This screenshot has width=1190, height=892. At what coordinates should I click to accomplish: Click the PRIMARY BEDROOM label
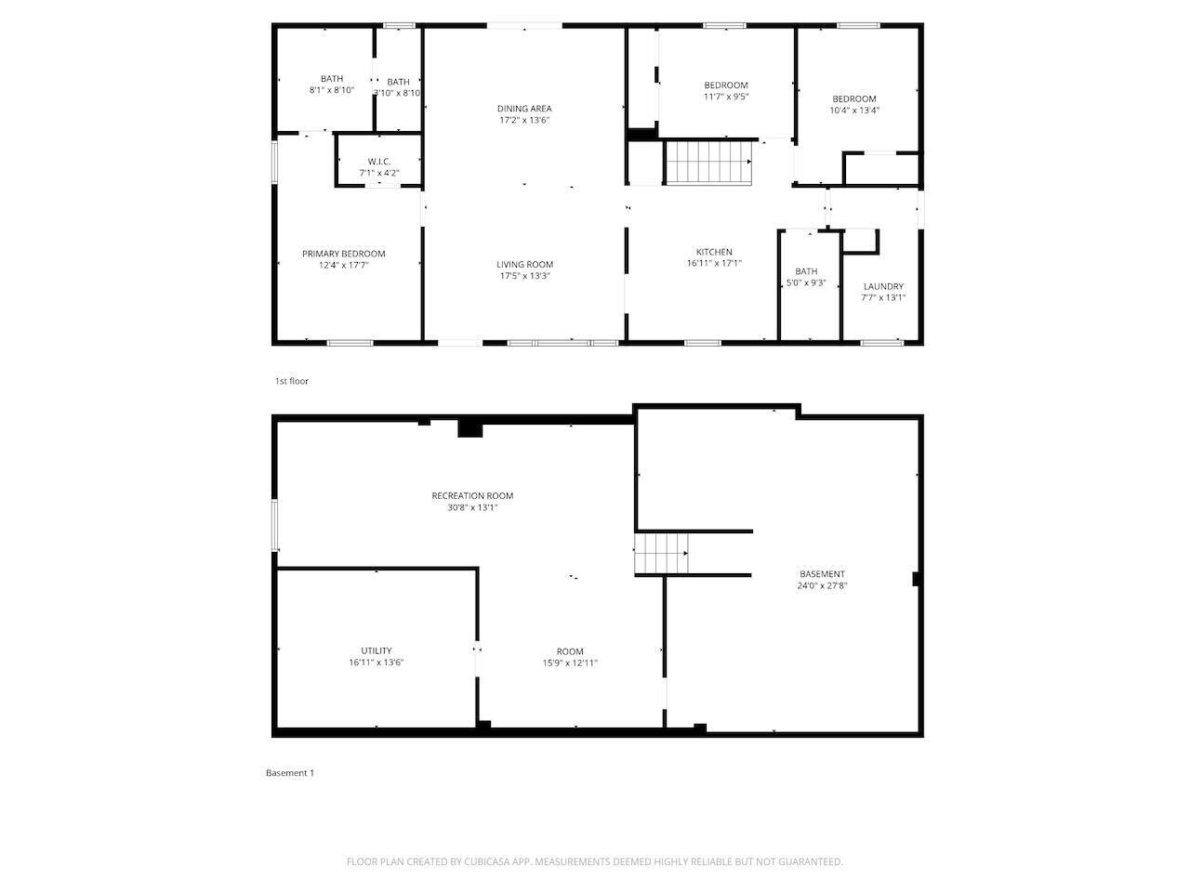click(x=343, y=254)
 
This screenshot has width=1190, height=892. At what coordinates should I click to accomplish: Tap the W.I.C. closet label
click(x=379, y=162)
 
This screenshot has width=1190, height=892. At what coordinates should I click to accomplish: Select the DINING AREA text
click(x=524, y=109)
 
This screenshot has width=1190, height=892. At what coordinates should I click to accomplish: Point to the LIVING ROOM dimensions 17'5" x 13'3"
click(x=524, y=276)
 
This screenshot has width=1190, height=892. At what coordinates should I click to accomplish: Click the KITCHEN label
click(x=714, y=252)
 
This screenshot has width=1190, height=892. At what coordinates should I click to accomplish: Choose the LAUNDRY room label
click(x=883, y=286)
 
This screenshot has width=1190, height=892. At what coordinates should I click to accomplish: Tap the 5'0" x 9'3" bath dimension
click(x=806, y=282)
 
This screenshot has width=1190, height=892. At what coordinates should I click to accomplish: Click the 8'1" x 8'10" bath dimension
click(x=332, y=90)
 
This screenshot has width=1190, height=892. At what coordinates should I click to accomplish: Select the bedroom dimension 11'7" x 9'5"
click(x=726, y=97)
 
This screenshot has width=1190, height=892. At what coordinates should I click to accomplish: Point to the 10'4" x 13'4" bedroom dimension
click(x=854, y=110)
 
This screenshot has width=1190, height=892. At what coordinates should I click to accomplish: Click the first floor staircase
click(x=708, y=162)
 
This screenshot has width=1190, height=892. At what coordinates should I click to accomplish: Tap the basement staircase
click(x=661, y=554)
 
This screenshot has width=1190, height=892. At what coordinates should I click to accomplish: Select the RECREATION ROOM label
click(x=472, y=495)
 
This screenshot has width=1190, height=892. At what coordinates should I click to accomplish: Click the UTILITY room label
click(x=377, y=650)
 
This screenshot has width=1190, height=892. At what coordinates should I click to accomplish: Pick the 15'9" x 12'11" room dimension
click(x=570, y=662)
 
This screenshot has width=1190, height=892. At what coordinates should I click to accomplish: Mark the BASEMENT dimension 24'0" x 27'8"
click(x=822, y=585)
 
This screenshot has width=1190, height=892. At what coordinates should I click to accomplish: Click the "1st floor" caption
click(x=292, y=381)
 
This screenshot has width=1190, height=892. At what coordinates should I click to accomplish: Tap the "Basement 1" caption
click(x=290, y=773)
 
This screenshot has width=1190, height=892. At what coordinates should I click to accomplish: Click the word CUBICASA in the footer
click(x=487, y=861)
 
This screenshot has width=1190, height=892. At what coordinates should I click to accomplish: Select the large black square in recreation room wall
click(x=470, y=428)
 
